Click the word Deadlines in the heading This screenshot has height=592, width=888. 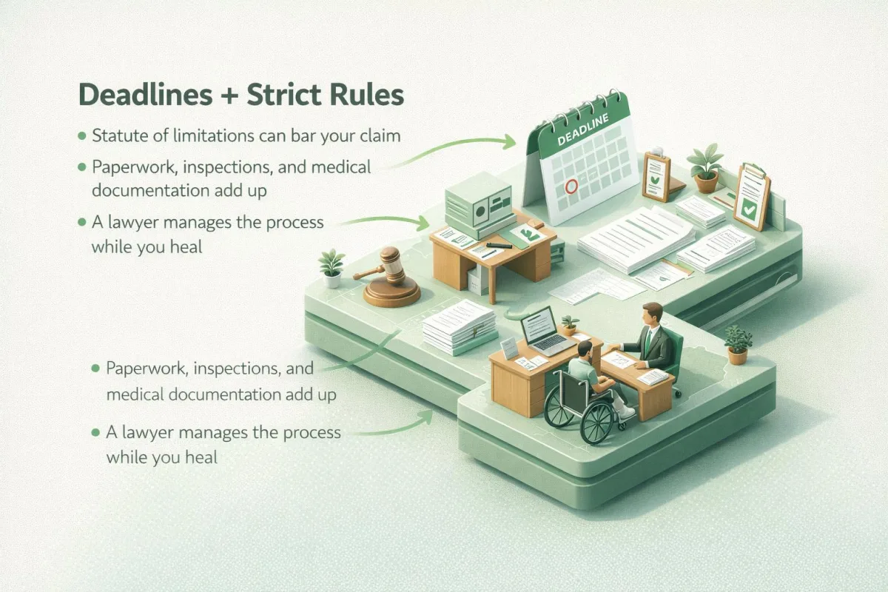pos(146,95)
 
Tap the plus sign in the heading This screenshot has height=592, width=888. pos(230,95)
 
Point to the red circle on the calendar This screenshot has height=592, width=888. pos(571,186)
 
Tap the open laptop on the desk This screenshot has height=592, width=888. pos(545,332)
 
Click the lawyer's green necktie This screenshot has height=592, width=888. pos(647,342)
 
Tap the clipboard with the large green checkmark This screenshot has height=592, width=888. pos(752,197)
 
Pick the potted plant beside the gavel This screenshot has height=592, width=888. pos(332,269)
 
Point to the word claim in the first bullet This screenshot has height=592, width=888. pos(380,135)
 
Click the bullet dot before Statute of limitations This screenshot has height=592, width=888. pos(82,136)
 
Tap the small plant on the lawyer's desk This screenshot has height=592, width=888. pos(569,325)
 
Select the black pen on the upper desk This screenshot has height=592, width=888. pos(499,246)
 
